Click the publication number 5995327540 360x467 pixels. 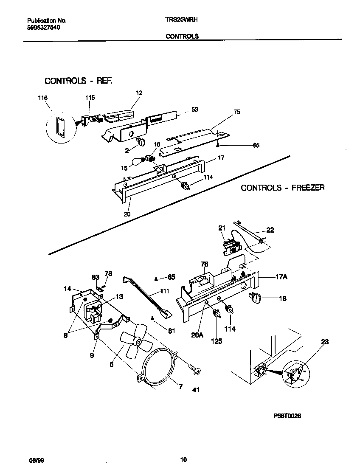(42, 27)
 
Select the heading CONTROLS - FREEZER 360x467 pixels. (283, 187)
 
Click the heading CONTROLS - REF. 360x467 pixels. (79, 81)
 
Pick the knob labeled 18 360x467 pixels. (256, 299)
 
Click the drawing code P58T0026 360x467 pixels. (287, 416)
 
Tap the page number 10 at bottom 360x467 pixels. (183, 459)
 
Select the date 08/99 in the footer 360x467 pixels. (34, 460)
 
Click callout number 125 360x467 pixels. (217, 340)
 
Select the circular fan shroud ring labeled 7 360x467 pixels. (159, 367)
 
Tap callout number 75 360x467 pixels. (236, 112)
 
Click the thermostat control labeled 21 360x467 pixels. (229, 247)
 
